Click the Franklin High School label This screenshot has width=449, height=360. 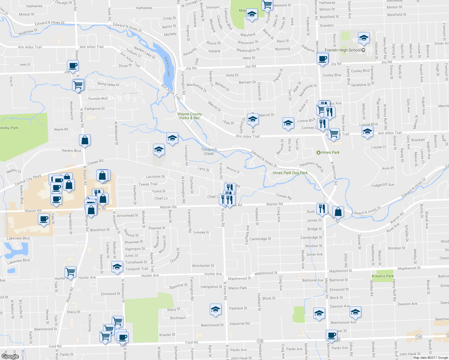click(342, 50)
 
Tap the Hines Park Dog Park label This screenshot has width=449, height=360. click(290, 173)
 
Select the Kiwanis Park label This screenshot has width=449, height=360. click(383, 276)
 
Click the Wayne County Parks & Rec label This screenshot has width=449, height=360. click(190, 116)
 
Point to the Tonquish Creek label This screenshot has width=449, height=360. click(209, 151)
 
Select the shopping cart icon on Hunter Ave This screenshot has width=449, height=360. click(70, 272)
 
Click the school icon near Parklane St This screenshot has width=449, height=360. click(215, 309)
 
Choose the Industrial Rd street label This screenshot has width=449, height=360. click(239, 324)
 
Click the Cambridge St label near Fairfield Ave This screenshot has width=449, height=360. click(260, 239)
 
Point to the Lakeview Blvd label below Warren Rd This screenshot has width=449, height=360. click(18, 238)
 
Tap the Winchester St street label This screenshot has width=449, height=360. click(203, 265)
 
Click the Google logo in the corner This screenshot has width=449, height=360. click(10, 356)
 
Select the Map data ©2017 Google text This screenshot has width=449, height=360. click(430, 358)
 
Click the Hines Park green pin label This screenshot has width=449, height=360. click(330, 152)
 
